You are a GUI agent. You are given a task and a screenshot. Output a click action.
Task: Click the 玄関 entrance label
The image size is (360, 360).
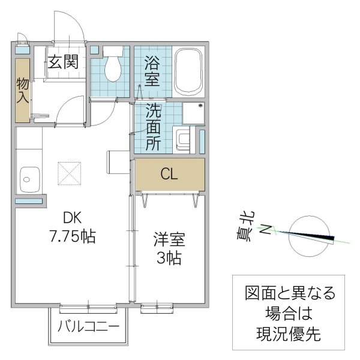(x=63, y=62)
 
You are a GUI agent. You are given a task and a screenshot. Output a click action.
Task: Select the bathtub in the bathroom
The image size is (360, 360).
(x=190, y=71)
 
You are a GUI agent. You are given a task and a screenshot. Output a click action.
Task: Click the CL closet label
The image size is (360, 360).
(x=169, y=174)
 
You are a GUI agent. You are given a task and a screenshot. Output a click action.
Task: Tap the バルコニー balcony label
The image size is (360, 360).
(x=88, y=328)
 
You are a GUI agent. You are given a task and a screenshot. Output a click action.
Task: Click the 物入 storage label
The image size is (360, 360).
(x=22, y=89)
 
